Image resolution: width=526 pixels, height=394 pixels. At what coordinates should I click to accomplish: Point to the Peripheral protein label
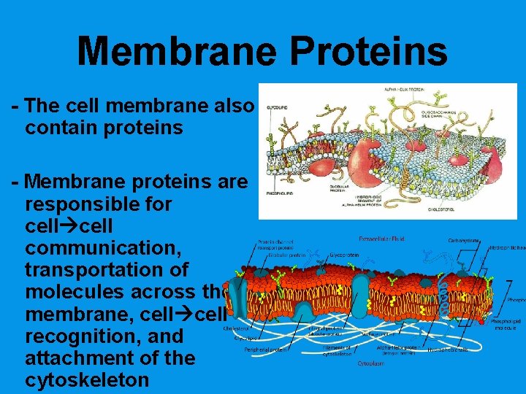click(x=265, y=349)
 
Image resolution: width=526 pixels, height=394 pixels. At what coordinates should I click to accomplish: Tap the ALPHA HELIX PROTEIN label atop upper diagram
click(x=405, y=90)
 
